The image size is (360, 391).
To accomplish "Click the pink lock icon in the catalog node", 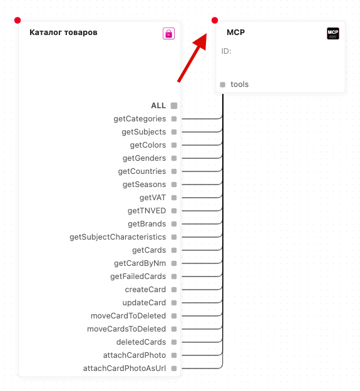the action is [168, 33].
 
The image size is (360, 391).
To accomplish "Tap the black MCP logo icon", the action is [333, 33].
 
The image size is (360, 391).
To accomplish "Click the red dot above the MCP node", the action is [215, 20].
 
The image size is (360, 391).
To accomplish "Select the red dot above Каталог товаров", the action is [18, 20].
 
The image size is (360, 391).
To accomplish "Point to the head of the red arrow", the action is [207, 34].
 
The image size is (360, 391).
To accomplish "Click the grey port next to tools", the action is [222, 84].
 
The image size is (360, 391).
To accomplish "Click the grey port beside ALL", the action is [174, 106].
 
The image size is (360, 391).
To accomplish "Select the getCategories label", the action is [140, 119].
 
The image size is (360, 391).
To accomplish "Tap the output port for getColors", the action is [174, 145].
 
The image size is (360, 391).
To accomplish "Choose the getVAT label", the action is [153, 198].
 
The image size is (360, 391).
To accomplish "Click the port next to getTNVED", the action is [174, 211].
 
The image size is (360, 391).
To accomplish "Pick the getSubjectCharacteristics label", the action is [118, 237].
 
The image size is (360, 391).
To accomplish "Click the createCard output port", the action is [174, 290].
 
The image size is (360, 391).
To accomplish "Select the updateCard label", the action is [144, 303].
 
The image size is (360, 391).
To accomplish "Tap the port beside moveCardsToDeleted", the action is [174, 329].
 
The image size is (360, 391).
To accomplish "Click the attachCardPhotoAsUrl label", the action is [125, 368].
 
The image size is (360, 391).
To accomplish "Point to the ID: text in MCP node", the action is [226, 51].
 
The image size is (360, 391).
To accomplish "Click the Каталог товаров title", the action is [63, 33].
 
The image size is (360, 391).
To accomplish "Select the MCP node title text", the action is [236, 33].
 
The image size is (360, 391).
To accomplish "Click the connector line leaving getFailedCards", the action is [202, 277].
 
